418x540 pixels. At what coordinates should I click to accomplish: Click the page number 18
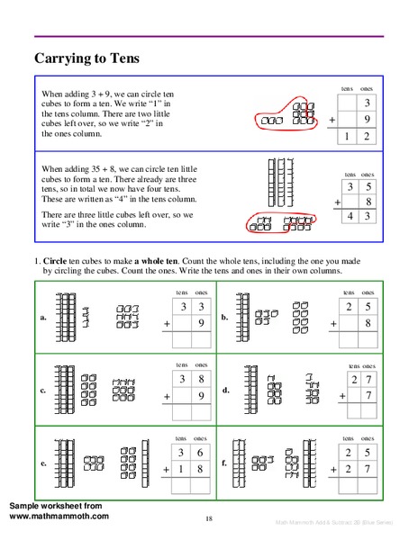[208, 518]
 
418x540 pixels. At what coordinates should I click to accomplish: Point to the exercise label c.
[43, 391]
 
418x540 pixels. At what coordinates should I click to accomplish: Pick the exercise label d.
[225, 391]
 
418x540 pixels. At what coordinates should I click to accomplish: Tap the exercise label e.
[43, 463]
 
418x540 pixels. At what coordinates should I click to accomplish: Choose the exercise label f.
[224, 463]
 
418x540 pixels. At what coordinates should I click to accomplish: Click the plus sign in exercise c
[167, 395]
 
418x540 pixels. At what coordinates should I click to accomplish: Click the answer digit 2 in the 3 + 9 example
[367, 136]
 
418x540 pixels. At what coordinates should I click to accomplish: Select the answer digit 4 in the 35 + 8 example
[350, 217]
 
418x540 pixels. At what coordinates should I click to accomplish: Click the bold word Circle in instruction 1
[58, 261]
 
